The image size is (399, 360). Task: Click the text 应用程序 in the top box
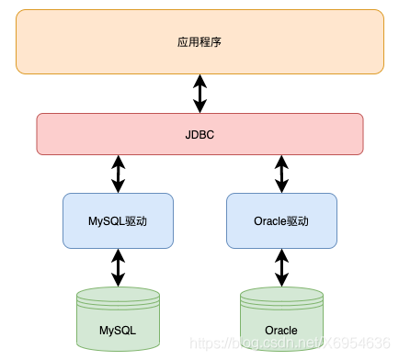(199, 42)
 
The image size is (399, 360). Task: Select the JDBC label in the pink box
(199, 134)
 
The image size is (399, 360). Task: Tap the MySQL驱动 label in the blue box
(118, 221)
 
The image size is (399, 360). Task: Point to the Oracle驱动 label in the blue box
(281, 221)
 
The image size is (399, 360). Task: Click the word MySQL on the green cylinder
(118, 329)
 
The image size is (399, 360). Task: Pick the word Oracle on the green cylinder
(281, 330)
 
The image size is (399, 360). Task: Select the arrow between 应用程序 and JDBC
(199, 93)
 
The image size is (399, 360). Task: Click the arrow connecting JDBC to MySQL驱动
(118, 174)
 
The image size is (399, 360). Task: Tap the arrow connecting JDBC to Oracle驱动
(281, 174)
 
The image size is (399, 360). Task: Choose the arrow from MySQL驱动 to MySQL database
(118, 267)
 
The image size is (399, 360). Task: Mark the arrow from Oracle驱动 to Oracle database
(281, 267)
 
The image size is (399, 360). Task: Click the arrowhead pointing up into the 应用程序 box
(199, 79)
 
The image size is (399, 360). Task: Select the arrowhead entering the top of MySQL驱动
(118, 186)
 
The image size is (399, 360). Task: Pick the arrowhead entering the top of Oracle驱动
(281, 186)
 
